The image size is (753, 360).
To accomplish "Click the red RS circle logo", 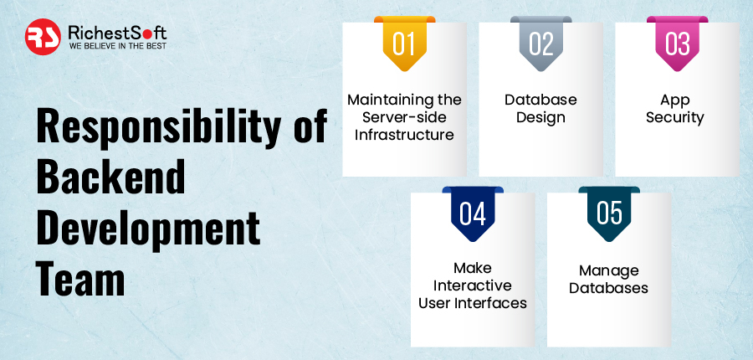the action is (43, 37).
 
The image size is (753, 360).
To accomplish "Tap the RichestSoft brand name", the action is (117, 33).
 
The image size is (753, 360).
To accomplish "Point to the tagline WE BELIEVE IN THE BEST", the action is (118, 46).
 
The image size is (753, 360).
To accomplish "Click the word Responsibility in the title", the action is (158, 127).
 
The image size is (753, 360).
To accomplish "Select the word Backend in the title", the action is (110, 177).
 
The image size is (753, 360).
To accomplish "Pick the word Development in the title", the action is (148, 228).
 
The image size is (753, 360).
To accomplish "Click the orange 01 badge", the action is (404, 44).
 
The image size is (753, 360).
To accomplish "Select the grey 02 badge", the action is (540, 44).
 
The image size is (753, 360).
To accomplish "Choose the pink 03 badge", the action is (677, 44).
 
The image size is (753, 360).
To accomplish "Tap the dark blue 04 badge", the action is (473, 213).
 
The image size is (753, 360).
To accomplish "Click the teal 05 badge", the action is (609, 213).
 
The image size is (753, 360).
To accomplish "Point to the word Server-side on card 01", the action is (404, 117).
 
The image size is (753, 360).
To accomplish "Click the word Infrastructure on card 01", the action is (404, 135).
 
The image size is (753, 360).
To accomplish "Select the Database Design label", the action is (540, 109).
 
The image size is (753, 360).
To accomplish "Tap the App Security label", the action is (675, 109).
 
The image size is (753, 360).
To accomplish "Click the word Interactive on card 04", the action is (473, 285).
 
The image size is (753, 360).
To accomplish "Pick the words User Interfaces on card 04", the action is (473, 303).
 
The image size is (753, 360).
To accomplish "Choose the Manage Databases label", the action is (609, 280).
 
